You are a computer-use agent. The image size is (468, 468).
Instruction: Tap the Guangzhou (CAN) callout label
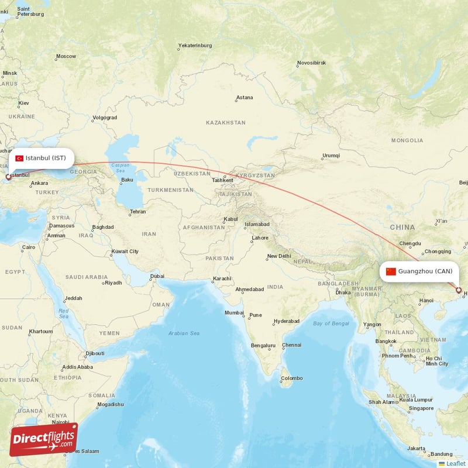(x=419, y=271)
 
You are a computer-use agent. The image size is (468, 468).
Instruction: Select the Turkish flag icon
(x=19, y=159)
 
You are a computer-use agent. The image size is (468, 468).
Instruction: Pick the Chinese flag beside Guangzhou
(x=391, y=271)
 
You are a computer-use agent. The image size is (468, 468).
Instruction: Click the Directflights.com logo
(x=44, y=439)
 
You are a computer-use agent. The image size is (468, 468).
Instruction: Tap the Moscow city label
(x=66, y=57)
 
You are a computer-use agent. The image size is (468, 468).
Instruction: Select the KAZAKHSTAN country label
(x=226, y=123)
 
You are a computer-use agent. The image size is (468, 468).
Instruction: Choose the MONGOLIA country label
(x=407, y=140)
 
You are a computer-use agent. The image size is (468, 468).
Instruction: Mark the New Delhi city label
(x=278, y=256)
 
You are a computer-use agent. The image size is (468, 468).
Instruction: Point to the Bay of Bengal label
(x=331, y=324)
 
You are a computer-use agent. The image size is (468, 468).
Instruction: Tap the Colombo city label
(x=291, y=378)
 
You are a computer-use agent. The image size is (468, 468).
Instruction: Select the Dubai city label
(x=157, y=276)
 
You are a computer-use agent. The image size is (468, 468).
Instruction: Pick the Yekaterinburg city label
(x=195, y=45)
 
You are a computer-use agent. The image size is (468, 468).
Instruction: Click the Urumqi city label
(x=330, y=156)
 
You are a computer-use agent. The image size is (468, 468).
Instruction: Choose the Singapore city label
(x=421, y=408)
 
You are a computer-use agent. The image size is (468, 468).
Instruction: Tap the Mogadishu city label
(x=110, y=404)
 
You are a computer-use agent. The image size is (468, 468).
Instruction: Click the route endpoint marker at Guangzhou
(x=459, y=290)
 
